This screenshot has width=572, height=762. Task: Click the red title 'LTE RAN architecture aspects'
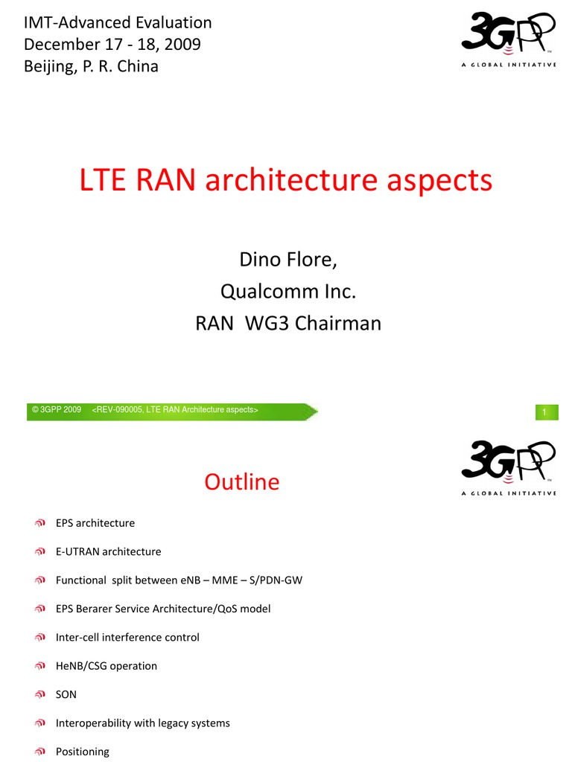286,181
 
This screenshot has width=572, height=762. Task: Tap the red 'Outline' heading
242,482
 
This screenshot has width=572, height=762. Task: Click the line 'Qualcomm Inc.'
287,292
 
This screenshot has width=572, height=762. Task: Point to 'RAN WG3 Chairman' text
287,324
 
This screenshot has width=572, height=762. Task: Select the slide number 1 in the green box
545,412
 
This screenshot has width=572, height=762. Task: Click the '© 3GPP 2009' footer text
57,410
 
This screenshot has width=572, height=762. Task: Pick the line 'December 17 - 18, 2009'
112,44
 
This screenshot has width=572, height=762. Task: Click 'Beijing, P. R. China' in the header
92,66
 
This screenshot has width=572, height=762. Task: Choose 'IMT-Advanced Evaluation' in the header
118,22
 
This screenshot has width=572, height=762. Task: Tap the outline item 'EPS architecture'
95,523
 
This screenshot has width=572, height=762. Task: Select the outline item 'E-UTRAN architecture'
109,551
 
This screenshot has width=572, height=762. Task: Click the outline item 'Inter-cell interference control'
127,637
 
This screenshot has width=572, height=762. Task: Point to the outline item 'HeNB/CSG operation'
107,666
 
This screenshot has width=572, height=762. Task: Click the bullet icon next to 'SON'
41,694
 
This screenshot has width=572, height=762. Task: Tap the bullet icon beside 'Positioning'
41,752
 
